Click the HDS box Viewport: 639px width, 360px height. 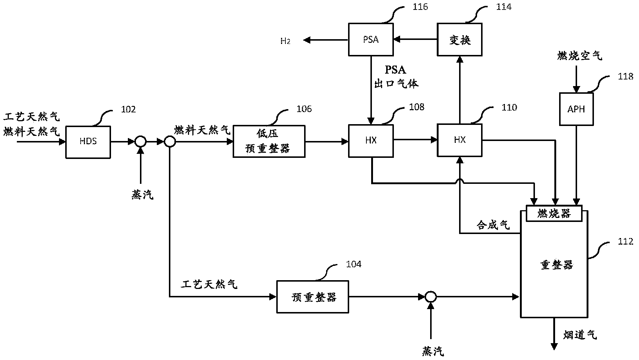coord(88,142)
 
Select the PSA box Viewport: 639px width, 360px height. coord(370,40)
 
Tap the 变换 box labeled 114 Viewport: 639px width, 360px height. coord(459,40)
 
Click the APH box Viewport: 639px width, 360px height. coord(576,109)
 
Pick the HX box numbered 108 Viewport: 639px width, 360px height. coord(371,141)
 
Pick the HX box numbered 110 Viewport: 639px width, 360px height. coord(459,140)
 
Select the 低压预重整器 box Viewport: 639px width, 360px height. coord(269,141)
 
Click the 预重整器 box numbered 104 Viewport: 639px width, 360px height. coord(313,297)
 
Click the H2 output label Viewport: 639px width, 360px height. coord(285,41)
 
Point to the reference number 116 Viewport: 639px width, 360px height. coord(420,7)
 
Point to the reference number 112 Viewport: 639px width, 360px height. coord(625,242)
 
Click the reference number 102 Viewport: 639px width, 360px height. coord(128,110)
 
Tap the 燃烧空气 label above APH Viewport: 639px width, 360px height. coord(579,56)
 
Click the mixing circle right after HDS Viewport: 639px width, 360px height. coord(140,141)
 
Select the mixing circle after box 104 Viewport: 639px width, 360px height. coord(431,297)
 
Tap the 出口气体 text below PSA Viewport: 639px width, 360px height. coord(396,83)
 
